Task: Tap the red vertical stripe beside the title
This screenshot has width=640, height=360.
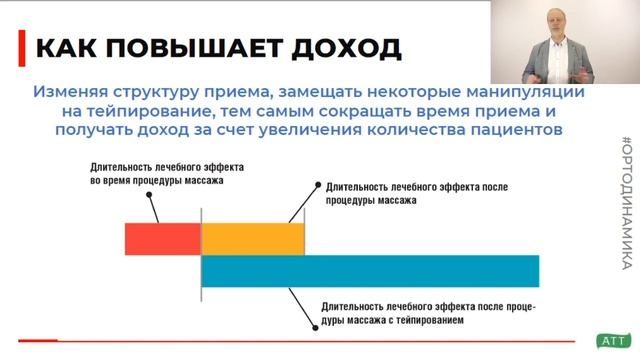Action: point(23,46)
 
